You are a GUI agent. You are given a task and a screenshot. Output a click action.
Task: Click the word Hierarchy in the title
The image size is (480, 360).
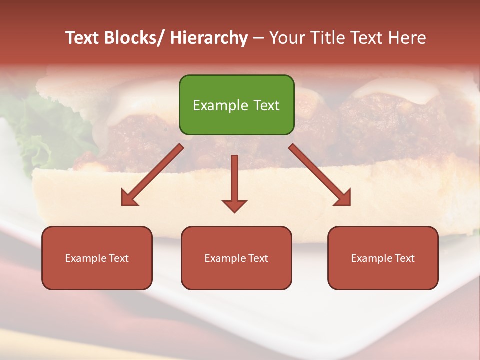pyautogui.click(x=209, y=38)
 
